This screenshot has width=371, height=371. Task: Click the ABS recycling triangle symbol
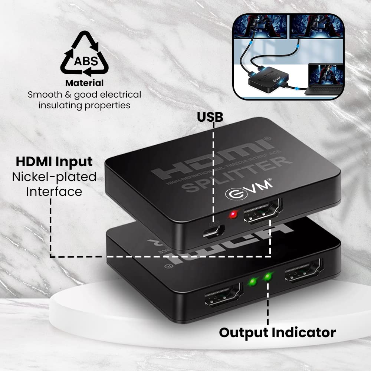coord(84,55)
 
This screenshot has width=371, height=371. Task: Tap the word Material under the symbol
coord(84,83)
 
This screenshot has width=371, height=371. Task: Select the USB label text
coord(210,116)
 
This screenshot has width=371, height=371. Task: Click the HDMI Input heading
coord(54,162)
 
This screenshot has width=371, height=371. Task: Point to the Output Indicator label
coord(277,332)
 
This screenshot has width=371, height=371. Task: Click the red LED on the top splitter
coord(233,214)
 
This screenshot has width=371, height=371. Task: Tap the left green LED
coord(253,282)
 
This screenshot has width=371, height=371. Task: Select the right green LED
coord(267,277)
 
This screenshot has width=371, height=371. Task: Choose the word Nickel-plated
coord(54,177)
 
